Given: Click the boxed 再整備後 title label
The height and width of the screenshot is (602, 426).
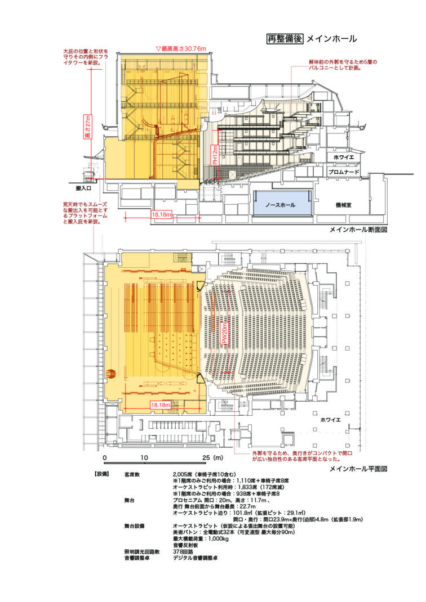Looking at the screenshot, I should [285, 39].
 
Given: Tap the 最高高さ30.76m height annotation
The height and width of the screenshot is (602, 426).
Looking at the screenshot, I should [181, 49].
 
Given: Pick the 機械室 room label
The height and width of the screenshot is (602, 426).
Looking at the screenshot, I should [341, 206].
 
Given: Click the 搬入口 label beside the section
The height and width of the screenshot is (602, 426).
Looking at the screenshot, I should [78, 187].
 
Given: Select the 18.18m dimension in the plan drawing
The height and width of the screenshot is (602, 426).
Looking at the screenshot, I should [161, 405].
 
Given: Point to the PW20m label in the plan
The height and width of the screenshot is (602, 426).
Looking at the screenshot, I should [224, 334].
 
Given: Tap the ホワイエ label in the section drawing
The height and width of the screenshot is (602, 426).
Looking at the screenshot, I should [344, 158].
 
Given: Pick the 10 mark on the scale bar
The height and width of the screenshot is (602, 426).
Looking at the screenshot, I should [144, 457].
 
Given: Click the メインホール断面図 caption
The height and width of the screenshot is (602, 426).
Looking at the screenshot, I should [361, 230].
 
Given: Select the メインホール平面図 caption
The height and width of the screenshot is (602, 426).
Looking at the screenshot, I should [361, 468].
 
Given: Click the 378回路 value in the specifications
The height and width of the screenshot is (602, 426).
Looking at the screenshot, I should [184, 551].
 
